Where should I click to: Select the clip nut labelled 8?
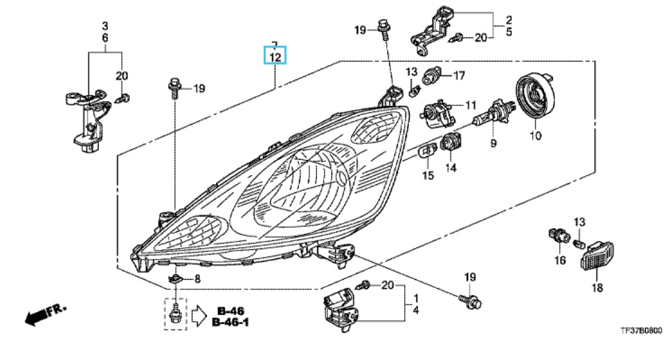tap(176, 278)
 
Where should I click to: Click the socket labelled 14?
tap(450, 143)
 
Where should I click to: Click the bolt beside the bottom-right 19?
tap(473, 301)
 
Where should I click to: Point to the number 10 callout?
tap(535, 136)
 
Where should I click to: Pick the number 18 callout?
tap(597, 287)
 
